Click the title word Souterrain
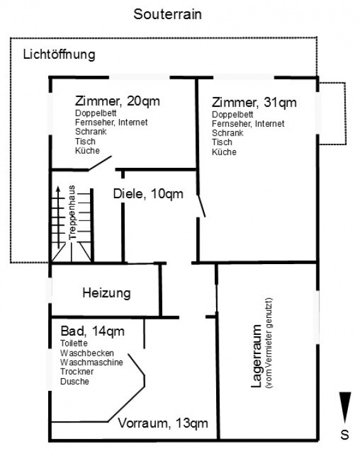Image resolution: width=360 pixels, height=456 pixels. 167,14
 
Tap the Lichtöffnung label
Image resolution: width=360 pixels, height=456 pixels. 59,54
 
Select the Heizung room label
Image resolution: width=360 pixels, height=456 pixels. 106,293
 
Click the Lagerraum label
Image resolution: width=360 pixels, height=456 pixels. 257,356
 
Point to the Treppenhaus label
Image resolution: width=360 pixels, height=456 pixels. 72,212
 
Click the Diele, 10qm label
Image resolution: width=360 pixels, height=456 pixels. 148,194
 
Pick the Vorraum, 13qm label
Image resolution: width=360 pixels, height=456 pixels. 163,423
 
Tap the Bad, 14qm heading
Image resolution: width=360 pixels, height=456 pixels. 93,331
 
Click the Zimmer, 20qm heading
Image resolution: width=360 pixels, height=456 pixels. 117,101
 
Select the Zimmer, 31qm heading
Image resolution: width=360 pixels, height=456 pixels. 254,103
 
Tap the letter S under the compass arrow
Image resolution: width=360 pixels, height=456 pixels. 345,434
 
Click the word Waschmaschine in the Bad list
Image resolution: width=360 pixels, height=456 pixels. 91,362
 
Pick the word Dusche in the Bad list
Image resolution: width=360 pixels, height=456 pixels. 75,381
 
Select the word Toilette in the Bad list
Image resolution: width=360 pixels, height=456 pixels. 74,343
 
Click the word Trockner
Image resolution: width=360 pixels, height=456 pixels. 77,372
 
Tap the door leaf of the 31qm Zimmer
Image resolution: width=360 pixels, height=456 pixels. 202,206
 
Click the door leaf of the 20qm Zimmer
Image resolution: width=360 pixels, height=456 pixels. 100,163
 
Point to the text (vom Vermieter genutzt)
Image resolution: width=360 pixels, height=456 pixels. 269,343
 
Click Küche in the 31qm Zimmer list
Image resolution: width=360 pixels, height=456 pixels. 224,152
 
